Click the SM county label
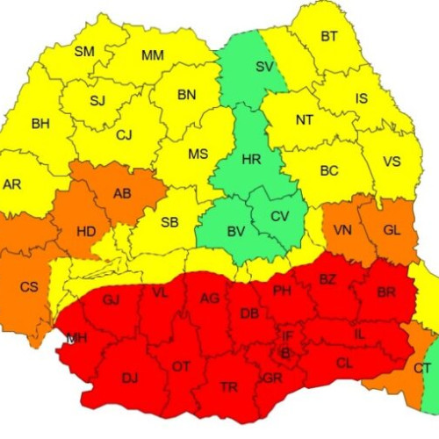click(83, 52)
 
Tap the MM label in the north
click(153, 56)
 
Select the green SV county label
click(263, 67)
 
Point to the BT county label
click(329, 37)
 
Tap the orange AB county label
click(123, 194)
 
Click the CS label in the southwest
click(29, 286)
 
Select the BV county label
click(235, 232)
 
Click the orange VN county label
click(342, 229)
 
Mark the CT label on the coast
click(422, 368)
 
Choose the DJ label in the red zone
click(130, 378)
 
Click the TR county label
click(228, 386)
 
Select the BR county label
click(385, 291)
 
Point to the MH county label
click(76, 338)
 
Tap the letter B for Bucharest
click(284, 354)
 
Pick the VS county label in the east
click(392, 162)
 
